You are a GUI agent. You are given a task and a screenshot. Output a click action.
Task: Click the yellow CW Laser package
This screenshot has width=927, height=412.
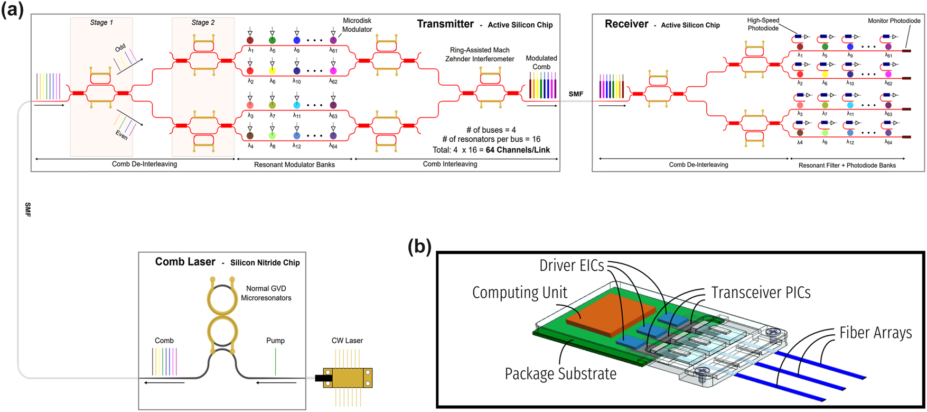point(352,378)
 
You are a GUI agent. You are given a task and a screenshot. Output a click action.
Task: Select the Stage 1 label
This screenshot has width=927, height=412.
point(101,22)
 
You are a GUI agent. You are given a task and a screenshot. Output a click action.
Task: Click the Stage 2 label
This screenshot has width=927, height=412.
point(203,22)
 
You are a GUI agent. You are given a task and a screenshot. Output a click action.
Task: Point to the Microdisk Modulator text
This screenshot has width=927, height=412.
point(357,25)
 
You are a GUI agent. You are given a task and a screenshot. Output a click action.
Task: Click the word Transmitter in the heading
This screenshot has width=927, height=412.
point(445,24)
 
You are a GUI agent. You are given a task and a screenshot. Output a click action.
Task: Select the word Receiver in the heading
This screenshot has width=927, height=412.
point(626,24)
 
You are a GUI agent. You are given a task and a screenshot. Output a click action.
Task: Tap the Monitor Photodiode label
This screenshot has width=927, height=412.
point(894,21)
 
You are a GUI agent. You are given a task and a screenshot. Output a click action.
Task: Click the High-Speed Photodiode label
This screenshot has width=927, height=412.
point(763,24)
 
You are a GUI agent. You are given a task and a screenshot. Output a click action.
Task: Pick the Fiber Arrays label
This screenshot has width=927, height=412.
point(875,333)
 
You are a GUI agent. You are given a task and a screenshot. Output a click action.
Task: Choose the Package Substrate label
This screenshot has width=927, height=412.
point(560,374)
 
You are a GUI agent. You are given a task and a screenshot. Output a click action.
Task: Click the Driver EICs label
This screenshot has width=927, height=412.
point(571,265)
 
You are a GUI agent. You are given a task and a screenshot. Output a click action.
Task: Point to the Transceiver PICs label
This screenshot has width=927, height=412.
point(760,292)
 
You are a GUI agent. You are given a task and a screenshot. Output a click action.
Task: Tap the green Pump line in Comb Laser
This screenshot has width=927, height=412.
point(275,362)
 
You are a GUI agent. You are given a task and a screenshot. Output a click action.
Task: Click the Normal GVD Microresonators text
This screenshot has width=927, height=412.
point(266,293)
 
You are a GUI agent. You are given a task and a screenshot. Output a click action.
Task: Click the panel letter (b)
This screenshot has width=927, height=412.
point(419,246)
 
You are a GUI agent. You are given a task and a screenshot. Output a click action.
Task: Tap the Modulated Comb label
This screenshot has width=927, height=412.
point(541,62)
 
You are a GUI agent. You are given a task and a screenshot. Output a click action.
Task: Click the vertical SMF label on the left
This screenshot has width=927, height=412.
point(27,209)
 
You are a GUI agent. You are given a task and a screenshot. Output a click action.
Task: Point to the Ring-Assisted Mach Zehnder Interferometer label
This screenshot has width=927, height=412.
point(479,54)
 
